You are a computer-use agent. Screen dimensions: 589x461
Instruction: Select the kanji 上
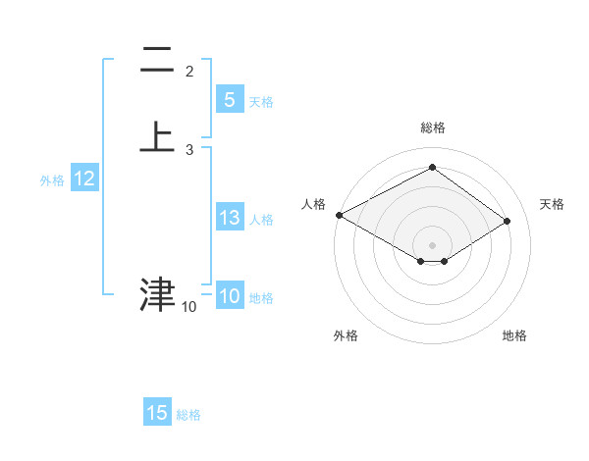[157, 136]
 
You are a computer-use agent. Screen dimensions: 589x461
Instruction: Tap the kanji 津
[157, 293]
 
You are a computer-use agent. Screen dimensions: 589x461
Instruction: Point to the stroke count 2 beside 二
[189, 72]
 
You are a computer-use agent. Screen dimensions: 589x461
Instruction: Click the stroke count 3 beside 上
[189, 150]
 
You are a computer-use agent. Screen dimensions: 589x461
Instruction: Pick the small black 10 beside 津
[189, 307]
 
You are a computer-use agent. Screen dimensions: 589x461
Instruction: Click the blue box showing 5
[229, 99]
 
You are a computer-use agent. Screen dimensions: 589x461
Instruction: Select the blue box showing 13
[229, 218]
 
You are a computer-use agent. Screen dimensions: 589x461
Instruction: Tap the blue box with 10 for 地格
[229, 296]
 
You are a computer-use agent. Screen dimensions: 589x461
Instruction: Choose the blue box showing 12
[84, 179]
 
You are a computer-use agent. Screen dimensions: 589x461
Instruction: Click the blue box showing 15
[157, 413]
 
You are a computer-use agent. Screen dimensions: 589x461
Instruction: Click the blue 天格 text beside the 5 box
[261, 102]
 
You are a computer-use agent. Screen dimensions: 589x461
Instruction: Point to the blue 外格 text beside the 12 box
[52, 180]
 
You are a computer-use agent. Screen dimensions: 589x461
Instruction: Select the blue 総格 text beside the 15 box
[188, 415]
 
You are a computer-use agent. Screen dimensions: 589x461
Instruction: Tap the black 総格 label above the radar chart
[432, 128]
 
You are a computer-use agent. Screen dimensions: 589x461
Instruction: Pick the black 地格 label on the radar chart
[514, 335]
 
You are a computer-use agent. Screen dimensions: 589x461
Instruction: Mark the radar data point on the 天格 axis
[508, 221]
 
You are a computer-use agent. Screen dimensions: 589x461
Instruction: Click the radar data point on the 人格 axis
[339, 215]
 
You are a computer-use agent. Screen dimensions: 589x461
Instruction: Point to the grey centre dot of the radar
[432, 244]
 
